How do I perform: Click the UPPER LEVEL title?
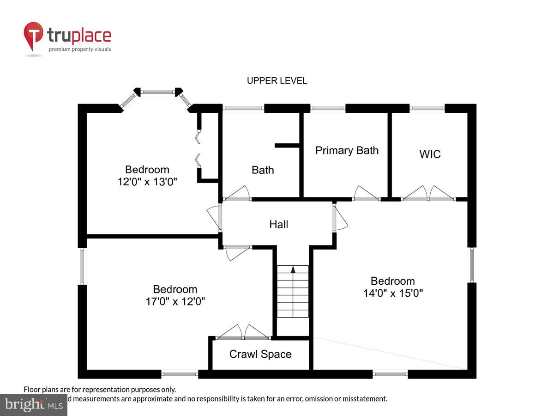[277, 81]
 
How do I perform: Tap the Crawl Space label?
[260, 354]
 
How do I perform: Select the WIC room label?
[430, 154]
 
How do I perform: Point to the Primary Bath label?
[347, 150]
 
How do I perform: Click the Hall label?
[278, 224]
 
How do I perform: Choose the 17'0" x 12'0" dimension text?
[175, 301]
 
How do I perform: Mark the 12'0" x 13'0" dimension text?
[147, 182]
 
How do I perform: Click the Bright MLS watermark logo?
[33, 404]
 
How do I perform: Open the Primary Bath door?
[366, 193]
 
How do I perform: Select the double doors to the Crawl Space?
[243, 332]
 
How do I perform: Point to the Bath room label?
[263, 170]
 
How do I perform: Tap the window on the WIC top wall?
[427, 108]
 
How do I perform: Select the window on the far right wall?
[471, 265]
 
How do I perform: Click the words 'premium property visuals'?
[80, 49]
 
